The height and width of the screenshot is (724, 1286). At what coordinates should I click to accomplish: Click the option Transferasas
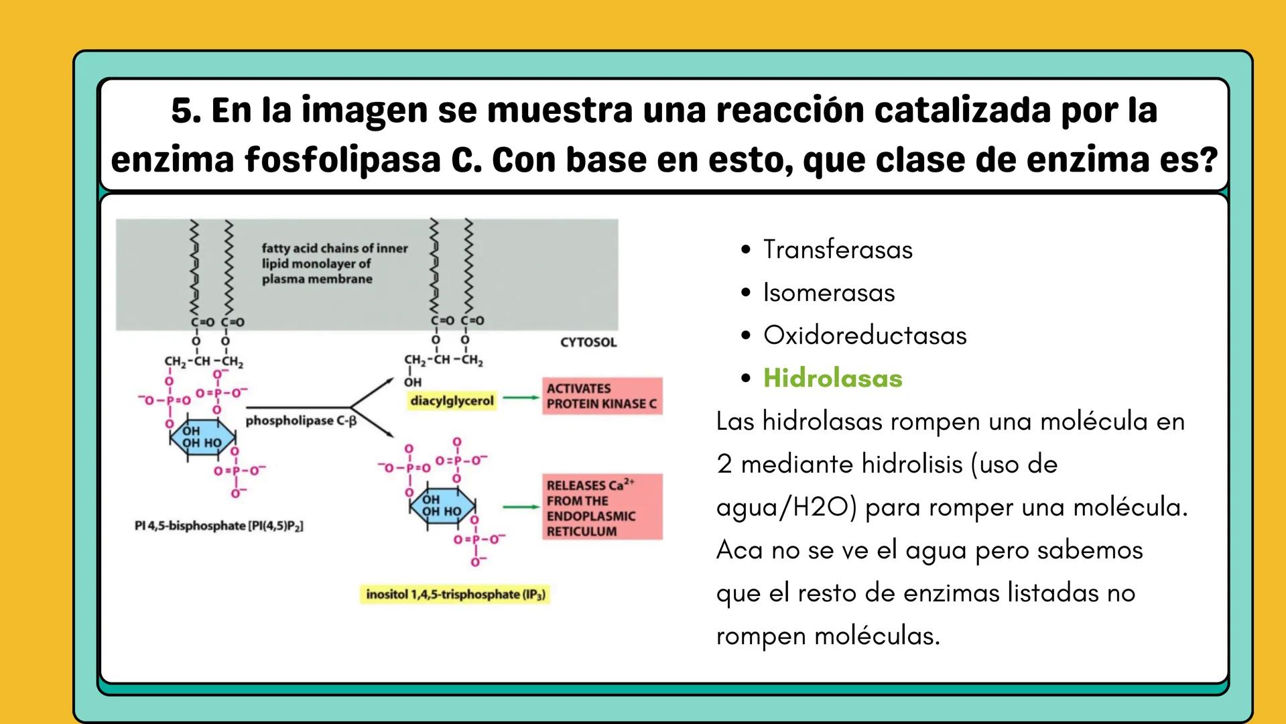click(838, 249)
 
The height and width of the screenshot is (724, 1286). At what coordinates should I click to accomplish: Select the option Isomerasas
click(829, 292)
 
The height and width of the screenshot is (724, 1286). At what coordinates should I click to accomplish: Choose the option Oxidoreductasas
click(864, 335)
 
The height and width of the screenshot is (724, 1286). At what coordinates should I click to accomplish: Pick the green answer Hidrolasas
click(832, 378)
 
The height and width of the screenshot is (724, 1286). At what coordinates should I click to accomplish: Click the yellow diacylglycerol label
click(452, 401)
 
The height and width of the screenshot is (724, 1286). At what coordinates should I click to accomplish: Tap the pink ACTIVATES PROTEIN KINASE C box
click(601, 396)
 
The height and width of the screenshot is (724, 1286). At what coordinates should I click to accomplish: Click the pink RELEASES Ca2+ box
click(601, 507)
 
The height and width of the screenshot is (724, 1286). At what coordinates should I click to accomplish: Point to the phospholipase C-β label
click(301, 421)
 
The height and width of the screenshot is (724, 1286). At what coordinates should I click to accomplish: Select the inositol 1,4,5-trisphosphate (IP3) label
click(455, 595)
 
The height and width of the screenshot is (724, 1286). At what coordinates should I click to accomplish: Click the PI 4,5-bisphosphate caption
click(218, 526)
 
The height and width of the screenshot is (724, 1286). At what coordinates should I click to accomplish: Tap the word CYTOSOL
click(588, 343)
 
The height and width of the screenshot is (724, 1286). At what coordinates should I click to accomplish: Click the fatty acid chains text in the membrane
click(334, 263)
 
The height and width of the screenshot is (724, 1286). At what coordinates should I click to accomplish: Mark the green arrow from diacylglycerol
click(521, 398)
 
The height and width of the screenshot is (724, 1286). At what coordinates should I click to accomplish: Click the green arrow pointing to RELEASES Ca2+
click(521, 507)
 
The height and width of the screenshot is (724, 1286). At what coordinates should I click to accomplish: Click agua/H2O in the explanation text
click(786, 507)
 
